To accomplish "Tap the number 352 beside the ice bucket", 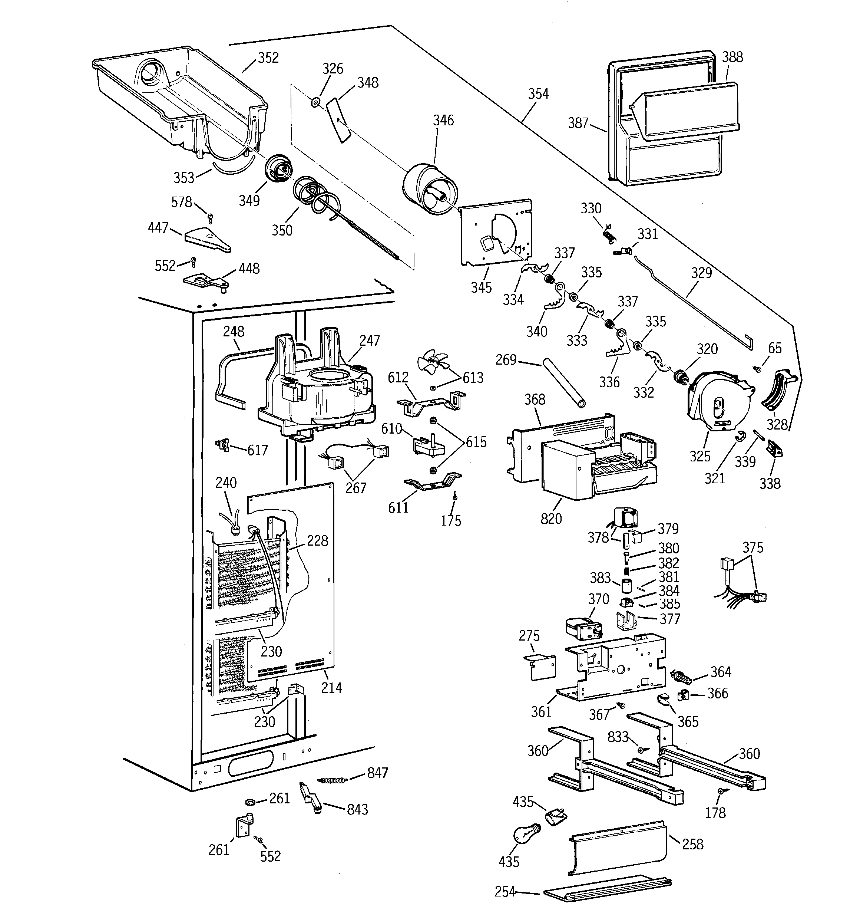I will click(x=268, y=58).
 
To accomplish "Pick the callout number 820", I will click(x=551, y=518).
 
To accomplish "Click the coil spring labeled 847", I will click(x=332, y=780).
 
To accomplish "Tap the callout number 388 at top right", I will click(x=732, y=57).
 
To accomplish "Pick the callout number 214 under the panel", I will click(x=331, y=688).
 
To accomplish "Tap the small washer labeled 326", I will click(x=315, y=102).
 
